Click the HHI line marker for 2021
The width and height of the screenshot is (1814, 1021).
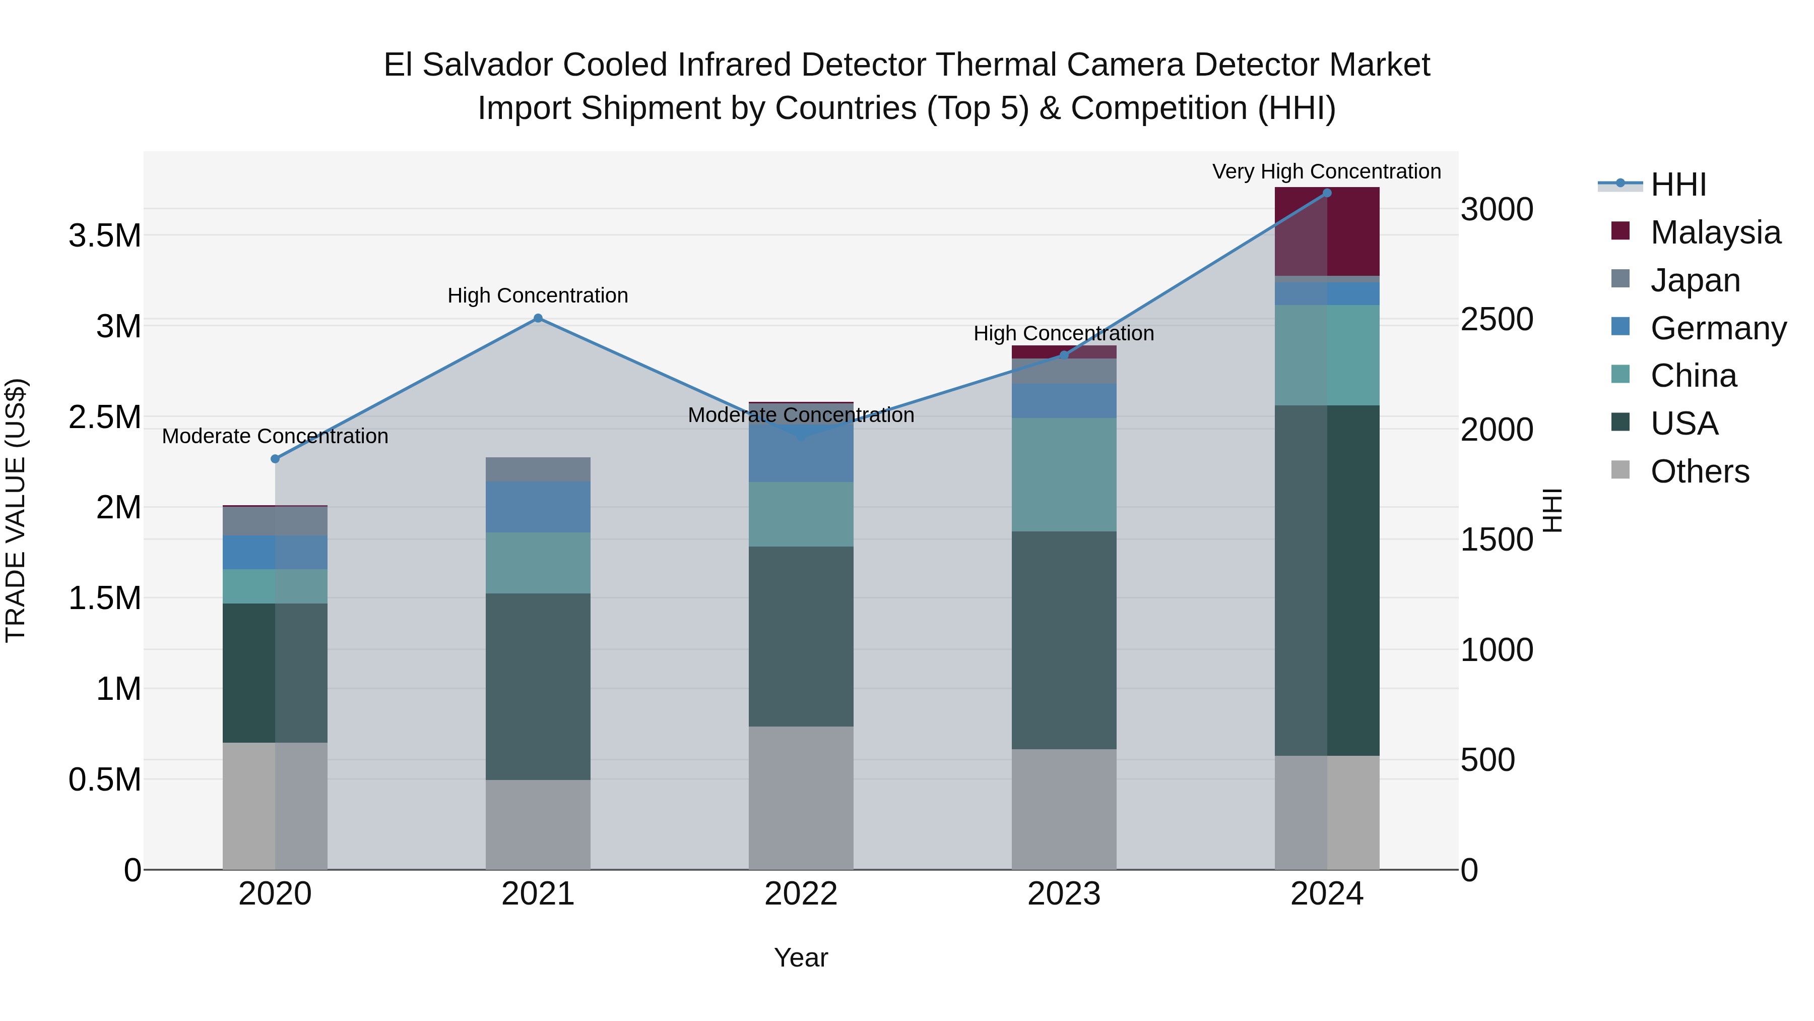click(x=538, y=319)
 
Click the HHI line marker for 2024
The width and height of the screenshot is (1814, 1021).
click(x=1327, y=193)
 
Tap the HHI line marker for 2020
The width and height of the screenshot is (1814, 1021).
click(x=275, y=459)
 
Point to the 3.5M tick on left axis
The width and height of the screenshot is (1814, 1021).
click(x=105, y=235)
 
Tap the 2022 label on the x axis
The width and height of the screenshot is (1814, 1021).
click(x=801, y=894)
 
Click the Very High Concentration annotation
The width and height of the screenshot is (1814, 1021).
click(x=1326, y=172)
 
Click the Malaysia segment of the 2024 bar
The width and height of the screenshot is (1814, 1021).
click(x=1327, y=232)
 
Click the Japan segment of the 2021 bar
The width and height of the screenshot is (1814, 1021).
click(x=538, y=469)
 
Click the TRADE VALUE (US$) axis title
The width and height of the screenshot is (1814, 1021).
click(x=16, y=510)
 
